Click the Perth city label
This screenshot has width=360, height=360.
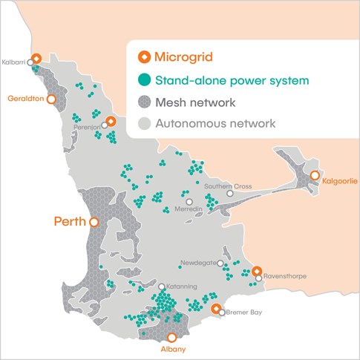point(68,221)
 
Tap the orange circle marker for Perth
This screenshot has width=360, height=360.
point(94,221)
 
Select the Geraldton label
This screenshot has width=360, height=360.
point(24,98)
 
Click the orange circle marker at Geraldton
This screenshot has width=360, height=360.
point(51,98)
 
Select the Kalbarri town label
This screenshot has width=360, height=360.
point(14,62)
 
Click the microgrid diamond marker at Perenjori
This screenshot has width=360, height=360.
point(111,122)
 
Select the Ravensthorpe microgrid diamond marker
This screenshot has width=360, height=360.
point(256,272)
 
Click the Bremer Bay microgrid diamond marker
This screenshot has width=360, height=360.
point(216,308)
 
